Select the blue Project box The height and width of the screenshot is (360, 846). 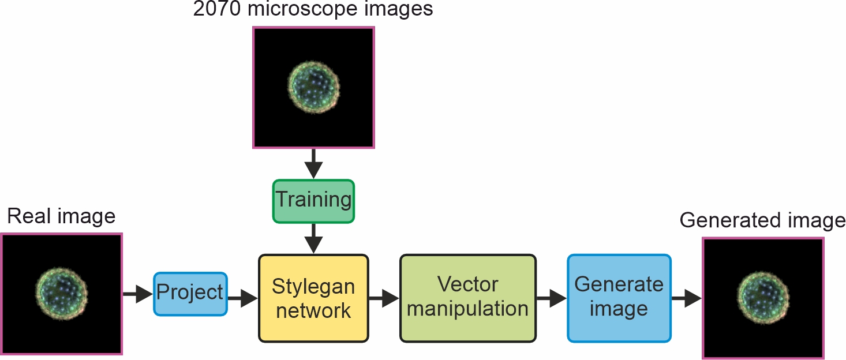coord(190,294)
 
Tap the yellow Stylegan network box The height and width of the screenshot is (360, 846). coord(313,298)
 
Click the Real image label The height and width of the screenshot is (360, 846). coord(61,216)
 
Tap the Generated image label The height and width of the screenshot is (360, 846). coord(762,220)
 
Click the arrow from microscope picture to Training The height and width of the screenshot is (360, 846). coord(313,163)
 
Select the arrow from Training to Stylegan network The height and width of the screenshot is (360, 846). coord(313,238)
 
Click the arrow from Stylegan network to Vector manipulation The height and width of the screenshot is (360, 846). coord(384,298)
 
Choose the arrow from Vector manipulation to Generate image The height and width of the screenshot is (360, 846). coord(551,298)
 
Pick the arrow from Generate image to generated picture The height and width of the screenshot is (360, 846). coord(686,298)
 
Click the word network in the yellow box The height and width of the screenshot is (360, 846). coord(313,310)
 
